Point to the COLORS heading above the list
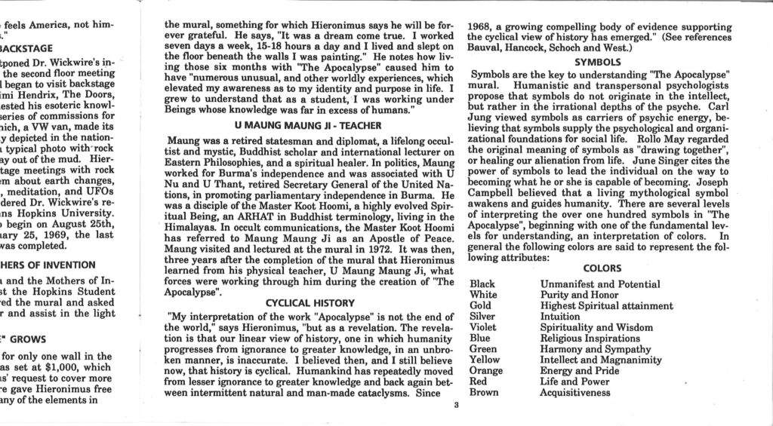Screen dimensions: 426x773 [601, 268]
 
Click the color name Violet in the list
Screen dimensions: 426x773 [483, 327]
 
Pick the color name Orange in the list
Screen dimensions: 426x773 [486, 370]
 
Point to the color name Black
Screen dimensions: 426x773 [482, 284]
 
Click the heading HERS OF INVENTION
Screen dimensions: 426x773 [48, 265]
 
